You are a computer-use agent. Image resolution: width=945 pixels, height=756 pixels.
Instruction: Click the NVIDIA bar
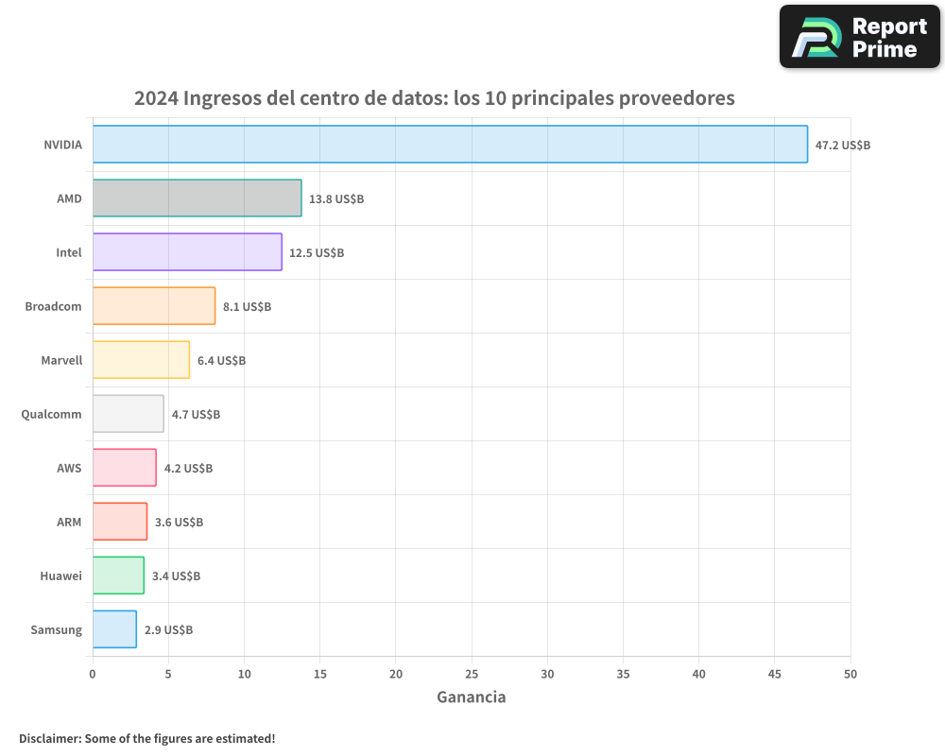point(450,145)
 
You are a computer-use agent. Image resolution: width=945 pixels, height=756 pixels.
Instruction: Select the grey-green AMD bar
point(197,198)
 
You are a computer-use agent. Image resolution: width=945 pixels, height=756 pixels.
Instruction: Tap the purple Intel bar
point(187,252)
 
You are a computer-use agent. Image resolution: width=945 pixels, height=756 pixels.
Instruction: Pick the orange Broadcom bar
point(154,306)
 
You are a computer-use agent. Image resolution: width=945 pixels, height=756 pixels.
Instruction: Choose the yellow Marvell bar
point(141,360)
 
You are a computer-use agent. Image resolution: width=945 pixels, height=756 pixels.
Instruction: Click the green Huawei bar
point(118,576)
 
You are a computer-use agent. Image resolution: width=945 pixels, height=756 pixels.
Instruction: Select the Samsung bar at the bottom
point(114,629)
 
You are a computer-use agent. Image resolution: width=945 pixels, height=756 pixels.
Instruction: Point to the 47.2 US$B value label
point(843,146)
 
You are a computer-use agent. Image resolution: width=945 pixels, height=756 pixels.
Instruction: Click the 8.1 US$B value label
point(247,307)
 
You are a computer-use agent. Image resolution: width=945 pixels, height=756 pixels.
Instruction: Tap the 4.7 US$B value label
point(196,415)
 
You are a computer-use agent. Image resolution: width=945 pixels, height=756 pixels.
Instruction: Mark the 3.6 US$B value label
point(179,523)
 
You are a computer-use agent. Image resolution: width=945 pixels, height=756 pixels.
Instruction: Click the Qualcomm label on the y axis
point(51,414)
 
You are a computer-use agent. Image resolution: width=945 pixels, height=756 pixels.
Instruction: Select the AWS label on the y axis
point(69,468)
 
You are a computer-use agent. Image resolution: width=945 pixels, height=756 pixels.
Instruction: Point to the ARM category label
point(69,522)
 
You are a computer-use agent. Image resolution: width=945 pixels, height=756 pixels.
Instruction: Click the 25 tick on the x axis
point(472,674)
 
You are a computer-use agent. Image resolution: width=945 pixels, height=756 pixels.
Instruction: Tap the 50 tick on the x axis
point(850,674)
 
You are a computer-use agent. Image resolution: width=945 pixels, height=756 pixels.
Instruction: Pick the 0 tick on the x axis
point(93,674)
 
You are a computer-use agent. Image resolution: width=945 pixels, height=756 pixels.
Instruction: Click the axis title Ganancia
point(471,697)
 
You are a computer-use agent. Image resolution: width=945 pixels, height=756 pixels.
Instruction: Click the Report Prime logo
point(859,37)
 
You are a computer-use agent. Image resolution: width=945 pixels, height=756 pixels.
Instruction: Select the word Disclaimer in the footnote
point(49,738)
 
